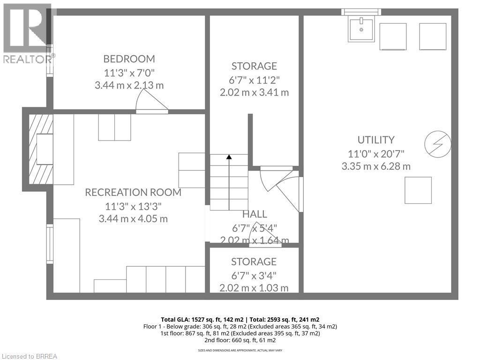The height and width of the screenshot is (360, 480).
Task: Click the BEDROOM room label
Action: (x=129, y=59)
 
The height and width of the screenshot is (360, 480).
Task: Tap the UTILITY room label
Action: (x=375, y=140)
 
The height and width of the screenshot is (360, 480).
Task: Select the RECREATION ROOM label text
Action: (x=133, y=192)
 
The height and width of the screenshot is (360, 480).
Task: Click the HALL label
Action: (x=255, y=214)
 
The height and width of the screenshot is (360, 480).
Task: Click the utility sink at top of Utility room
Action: (x=361, y=30)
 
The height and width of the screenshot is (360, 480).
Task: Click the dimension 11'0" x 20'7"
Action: (x=375, y=153)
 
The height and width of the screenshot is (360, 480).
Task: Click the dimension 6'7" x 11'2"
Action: (x=254, y=79)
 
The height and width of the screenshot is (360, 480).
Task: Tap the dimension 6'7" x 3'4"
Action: (x=254, y=275)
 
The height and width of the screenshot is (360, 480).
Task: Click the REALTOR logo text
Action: (x=28, y=59)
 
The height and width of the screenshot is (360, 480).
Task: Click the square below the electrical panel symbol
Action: (x=418, y=190)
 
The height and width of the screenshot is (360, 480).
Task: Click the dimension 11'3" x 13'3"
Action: (x=133, y=206)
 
